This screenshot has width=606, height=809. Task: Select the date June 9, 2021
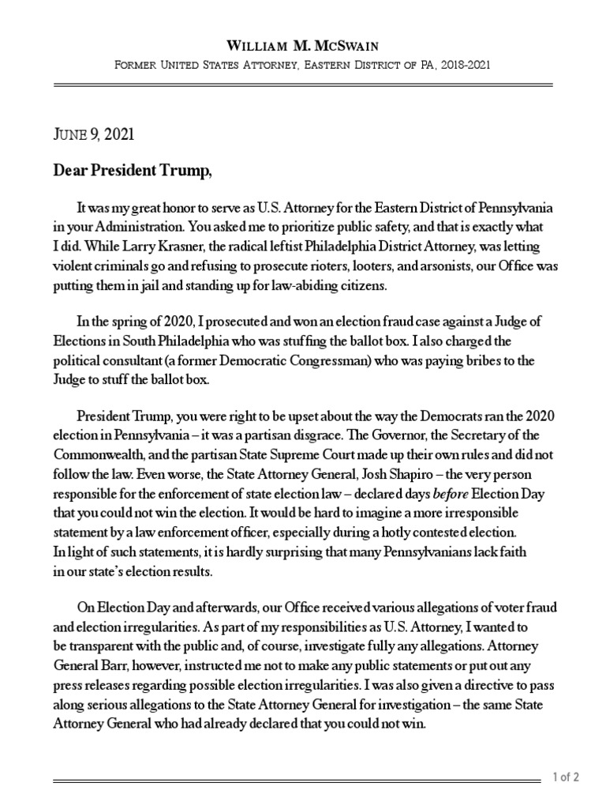[93, 134]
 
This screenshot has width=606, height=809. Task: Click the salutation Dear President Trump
[133, 171]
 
